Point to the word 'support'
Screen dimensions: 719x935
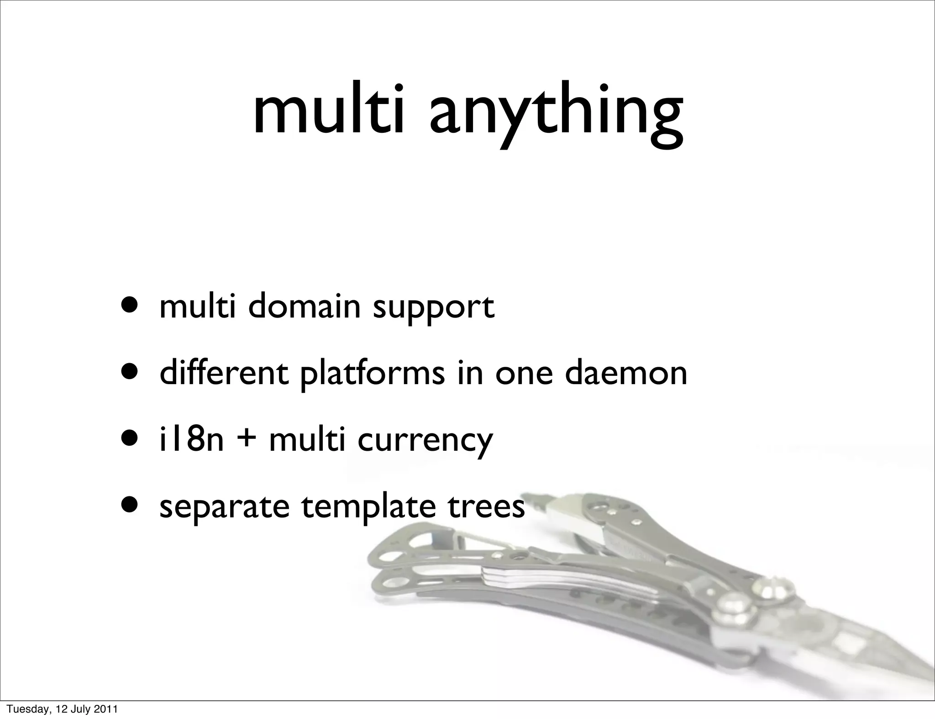(433, 308)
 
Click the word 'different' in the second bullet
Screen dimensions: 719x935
(224, 373)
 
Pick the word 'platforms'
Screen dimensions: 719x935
(373, 374)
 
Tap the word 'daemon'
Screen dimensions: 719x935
(625, 373)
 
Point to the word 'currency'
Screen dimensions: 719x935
(425, 442)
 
